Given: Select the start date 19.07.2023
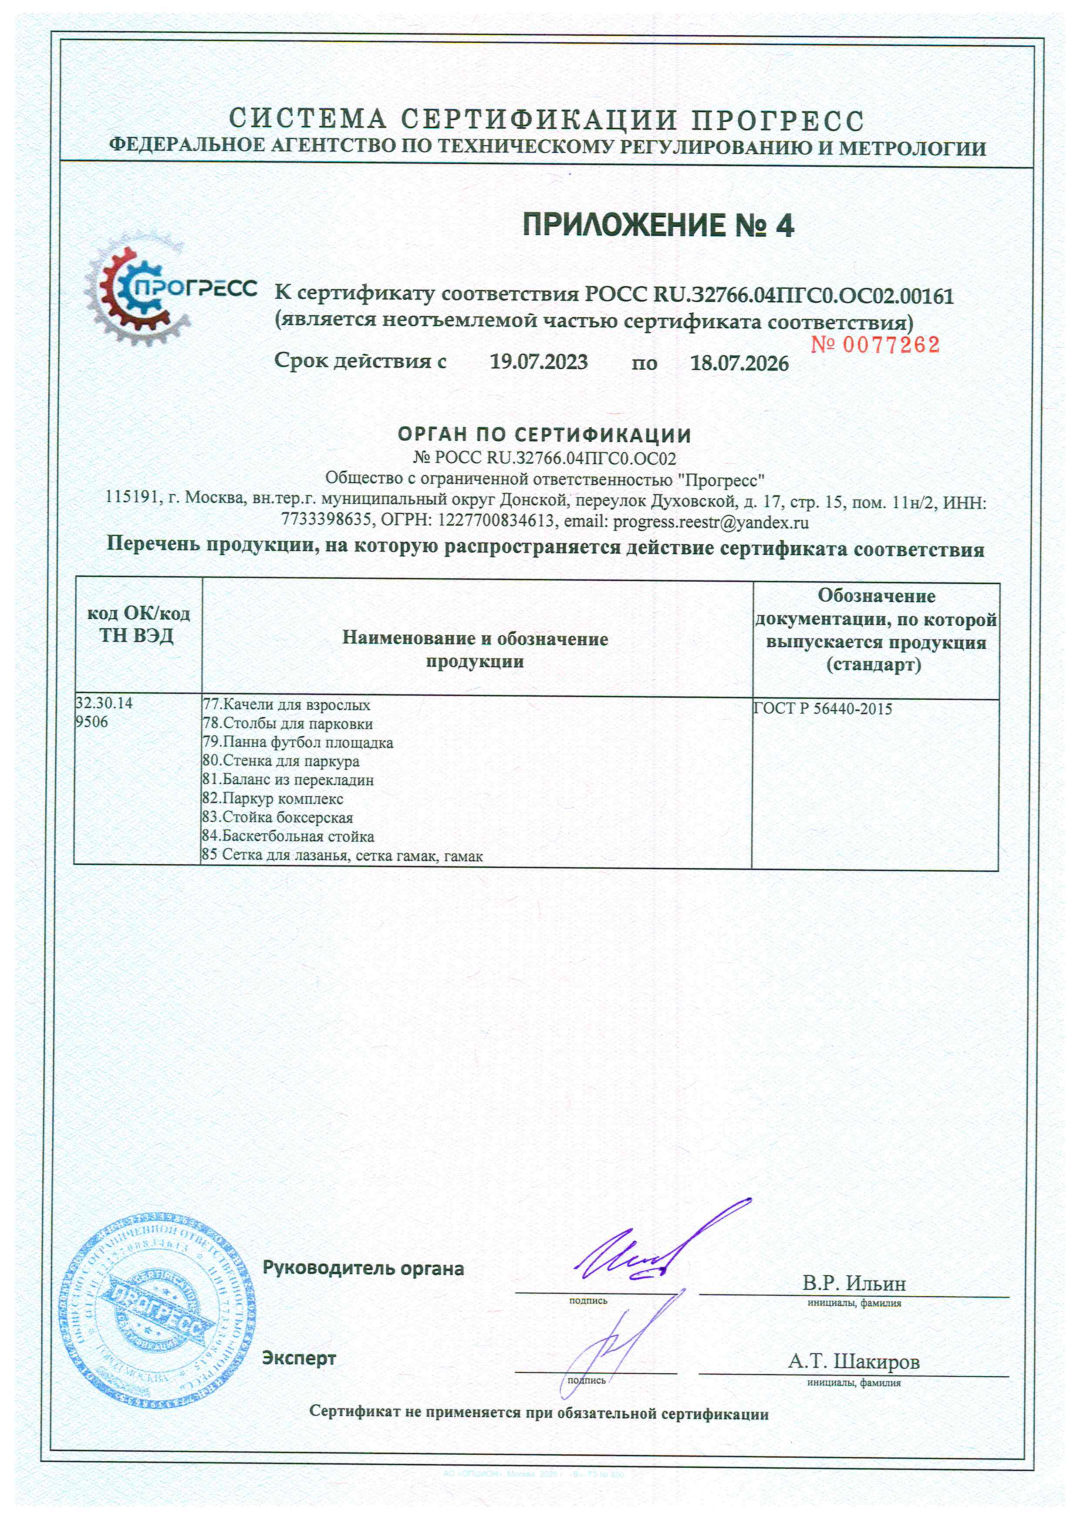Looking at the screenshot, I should [x=539, y=362].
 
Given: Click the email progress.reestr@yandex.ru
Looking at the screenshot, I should [x=710, y=522].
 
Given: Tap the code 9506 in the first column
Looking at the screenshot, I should [x=92, y=721].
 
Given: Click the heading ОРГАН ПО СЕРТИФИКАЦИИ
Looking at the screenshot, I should [x=545, y=435].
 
